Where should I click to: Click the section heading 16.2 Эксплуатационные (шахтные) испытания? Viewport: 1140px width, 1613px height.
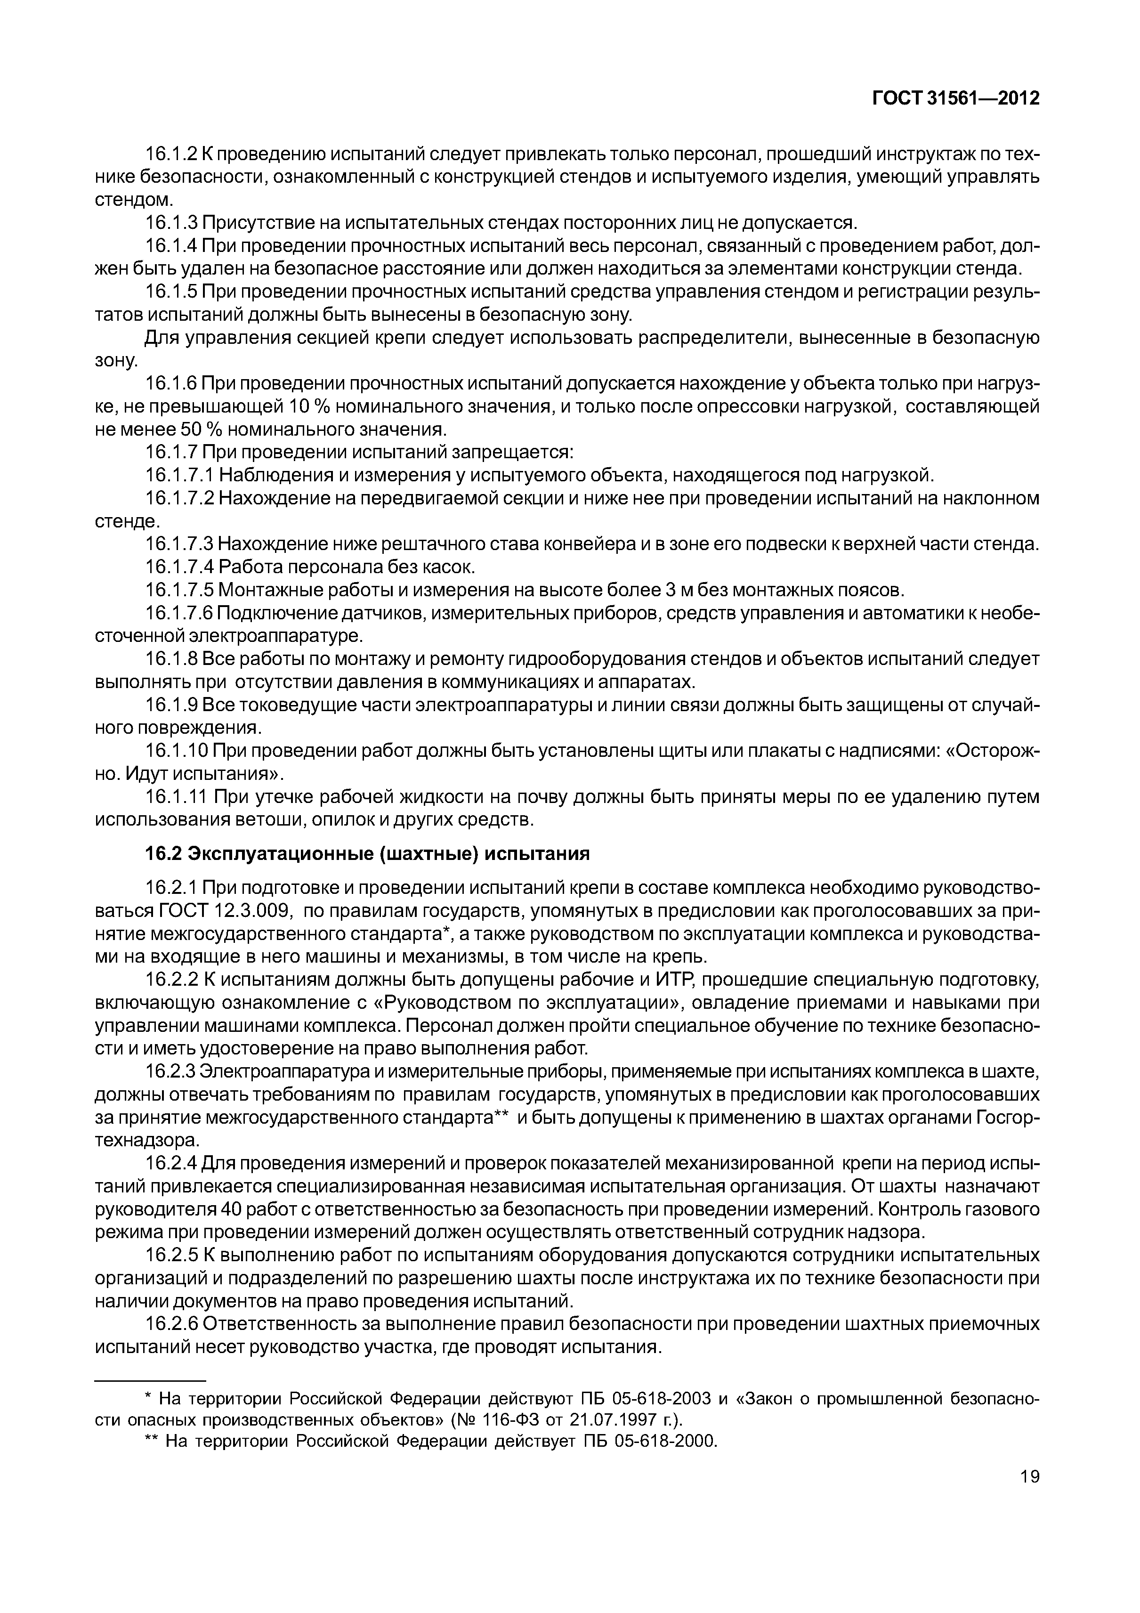(x=367, y=853)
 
